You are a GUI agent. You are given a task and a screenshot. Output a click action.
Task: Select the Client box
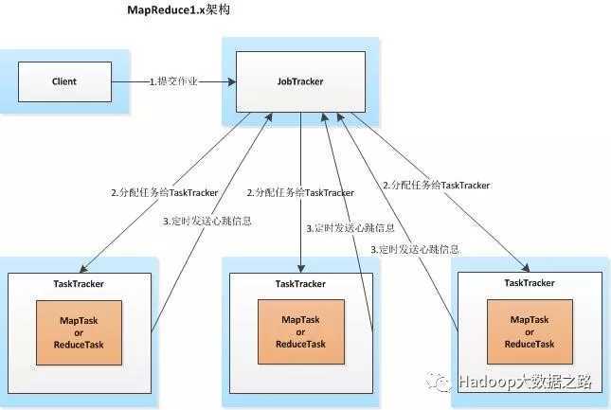[x=64, y=82]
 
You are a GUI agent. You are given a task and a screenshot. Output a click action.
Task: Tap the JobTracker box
[x=300, y=82]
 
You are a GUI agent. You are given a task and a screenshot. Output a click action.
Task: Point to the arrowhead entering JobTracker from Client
[x=232, y=82]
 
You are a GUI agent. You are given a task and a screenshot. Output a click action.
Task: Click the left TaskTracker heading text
[x=80, y=283]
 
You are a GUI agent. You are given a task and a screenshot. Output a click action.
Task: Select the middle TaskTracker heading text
[x=301, y=283]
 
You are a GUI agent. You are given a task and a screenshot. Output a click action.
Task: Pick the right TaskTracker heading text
[x=530, y=283]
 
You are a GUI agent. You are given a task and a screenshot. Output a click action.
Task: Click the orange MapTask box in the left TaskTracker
[x=80, y=332]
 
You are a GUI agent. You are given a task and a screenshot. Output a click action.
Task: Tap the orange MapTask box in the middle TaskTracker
[x=300, y=332]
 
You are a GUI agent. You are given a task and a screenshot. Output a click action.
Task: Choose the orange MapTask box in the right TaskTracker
[x=530, y=332]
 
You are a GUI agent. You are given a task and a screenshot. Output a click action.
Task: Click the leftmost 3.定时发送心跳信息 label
[x=207, y=221]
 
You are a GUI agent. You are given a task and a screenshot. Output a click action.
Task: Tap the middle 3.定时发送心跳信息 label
[x=350, y=228]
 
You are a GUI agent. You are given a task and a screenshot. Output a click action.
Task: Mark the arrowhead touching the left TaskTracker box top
[x=82, y=269]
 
